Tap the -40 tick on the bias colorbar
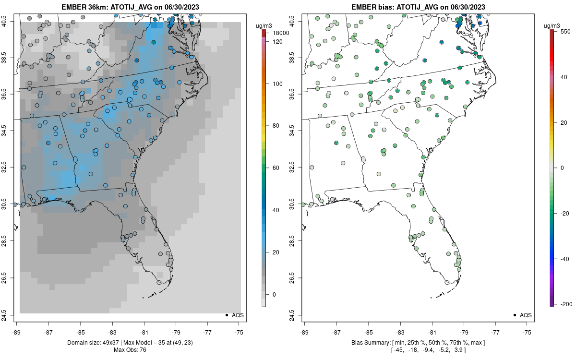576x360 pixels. coord(565,259)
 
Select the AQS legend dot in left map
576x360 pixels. coord(227,315)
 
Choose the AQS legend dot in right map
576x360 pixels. coord(515,315)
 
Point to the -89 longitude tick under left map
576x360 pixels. coord(17,332)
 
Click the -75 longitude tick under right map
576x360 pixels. coord(527,332)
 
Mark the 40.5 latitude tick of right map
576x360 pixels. coord(298,22)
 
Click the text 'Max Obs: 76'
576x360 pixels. coord(130,349)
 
